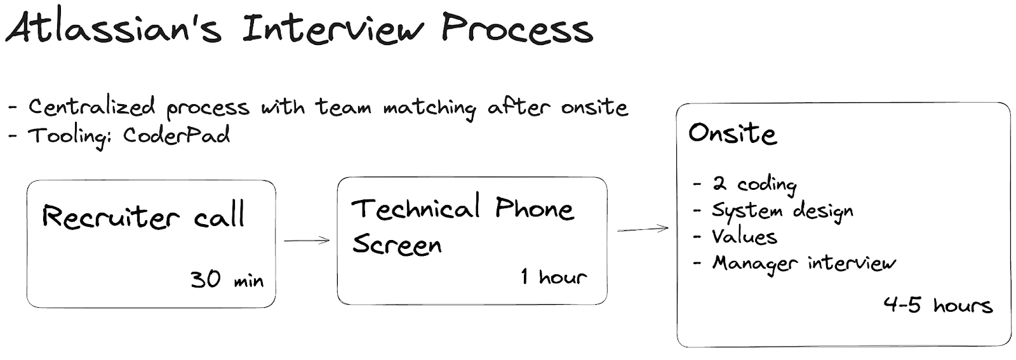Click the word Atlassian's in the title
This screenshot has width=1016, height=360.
point(114,28)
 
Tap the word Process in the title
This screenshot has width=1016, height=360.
point(517,28)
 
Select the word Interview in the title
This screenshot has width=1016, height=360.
point(333,28)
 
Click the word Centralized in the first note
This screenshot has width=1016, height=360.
point(92,107)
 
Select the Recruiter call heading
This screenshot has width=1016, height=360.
point(144,216)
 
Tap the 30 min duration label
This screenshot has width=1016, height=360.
point(227,279)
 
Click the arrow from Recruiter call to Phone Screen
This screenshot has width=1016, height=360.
point(307,240)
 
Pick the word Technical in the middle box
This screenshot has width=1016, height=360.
point(415,208)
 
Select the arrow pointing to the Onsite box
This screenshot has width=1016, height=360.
point(643,229)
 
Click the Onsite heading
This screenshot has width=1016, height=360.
point(733,133)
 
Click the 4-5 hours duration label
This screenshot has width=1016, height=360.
point(939,305)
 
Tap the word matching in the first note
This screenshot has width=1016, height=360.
point(429,109)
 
